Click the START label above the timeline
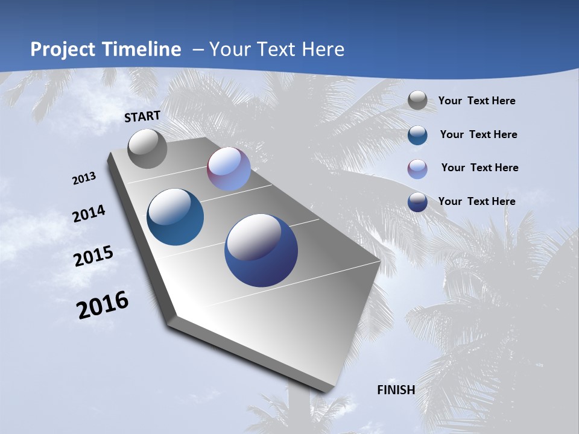142,116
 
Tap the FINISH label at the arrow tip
396,390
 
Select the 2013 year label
84,178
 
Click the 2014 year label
89,214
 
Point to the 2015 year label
93,256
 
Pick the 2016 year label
103,305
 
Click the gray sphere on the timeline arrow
147,148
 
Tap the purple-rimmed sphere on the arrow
229,169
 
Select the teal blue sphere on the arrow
175,217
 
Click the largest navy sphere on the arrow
261,250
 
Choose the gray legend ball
417,101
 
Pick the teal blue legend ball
417,135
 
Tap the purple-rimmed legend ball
417,169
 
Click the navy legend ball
417,202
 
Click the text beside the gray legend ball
476,101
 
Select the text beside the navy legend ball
476,201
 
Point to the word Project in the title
63,49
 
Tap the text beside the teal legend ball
478,134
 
